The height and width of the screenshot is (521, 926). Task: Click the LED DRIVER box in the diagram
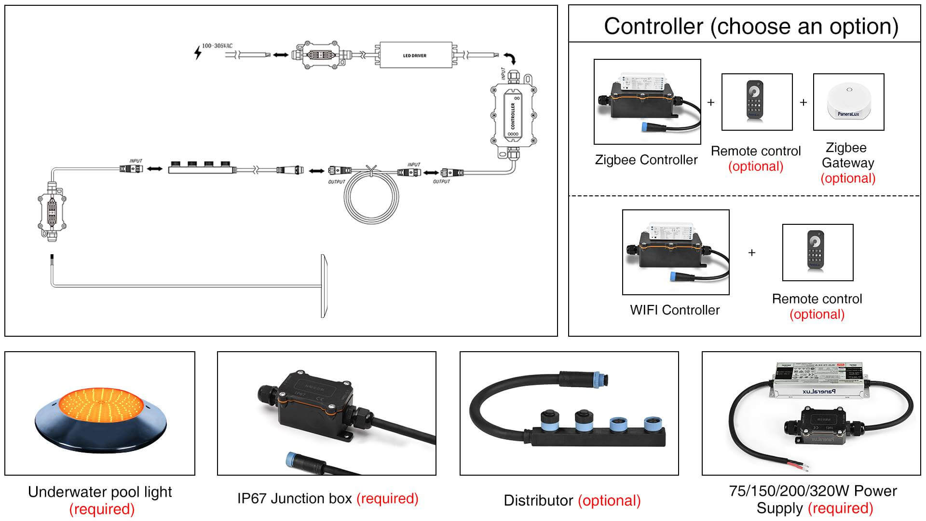point(415,55)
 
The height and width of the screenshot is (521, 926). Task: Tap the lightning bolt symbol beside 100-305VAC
point(197,52)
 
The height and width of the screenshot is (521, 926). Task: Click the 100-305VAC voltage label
point(217,46)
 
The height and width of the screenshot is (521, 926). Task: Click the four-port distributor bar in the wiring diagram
point(202,169)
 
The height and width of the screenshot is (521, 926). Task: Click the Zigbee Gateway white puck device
point(848,101)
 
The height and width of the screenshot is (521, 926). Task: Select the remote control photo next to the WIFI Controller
point(817,252)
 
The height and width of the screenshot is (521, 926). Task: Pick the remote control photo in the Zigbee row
point(757,102)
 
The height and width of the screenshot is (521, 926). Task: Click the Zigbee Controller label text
point(646,160)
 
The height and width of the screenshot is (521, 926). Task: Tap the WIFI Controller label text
point(675,310)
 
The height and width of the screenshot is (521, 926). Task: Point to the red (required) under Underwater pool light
point(102,509)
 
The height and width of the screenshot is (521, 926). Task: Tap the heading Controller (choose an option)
point(751,26)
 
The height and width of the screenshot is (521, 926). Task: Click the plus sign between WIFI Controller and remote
point(751,252)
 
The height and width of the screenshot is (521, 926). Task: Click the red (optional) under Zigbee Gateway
point(848,178)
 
